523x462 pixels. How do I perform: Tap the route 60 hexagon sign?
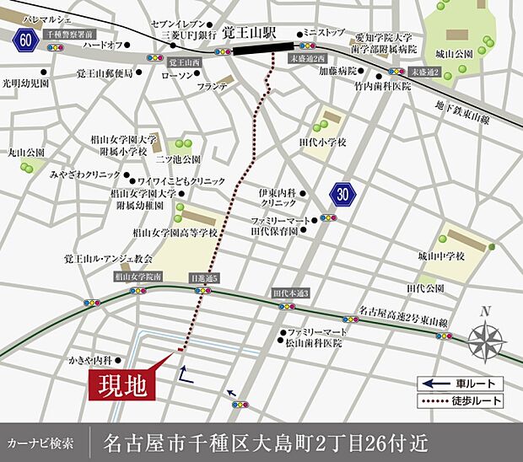pyautogui.click(x=26, y=38)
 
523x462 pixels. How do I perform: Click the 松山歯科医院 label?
pyautogui.click(x=314, y=343)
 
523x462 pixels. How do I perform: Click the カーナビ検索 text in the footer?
pyautogui.click(x=46, y=442)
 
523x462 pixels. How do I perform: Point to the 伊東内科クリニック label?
pyautogui.click(x=283, y=198)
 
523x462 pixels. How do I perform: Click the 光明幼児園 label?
pyautogui.click(x=26, y=84)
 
